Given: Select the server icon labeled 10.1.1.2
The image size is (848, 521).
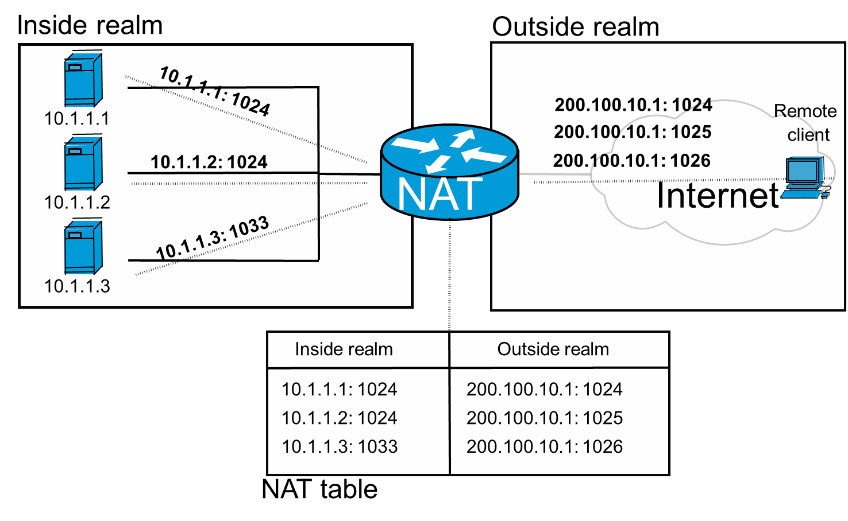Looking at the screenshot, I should (x=83, y=163).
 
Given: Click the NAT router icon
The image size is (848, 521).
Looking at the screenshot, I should (x=449, y=172).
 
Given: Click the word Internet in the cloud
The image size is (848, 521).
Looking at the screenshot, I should (x=718, y=196).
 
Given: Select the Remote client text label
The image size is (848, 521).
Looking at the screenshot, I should (x=805, y=123).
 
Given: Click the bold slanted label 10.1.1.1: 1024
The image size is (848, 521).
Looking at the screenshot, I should (x=214, y=92).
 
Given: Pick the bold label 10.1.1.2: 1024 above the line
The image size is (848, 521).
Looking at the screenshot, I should (x=209, y=162).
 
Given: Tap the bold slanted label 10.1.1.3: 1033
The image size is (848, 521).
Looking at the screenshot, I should (x=213, y=239).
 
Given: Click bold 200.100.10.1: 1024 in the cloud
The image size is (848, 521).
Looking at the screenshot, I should (x=633, y=105).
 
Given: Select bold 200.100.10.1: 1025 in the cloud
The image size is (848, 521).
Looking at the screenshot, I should (x=633, y=132).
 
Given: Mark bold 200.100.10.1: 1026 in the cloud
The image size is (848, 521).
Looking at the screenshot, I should (x=632, y=161).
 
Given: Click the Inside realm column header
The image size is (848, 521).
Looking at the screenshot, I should (x=344, y=349).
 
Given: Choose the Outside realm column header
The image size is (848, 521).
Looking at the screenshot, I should (x=553, y=349).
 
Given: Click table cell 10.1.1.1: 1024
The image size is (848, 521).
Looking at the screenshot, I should (x=339, y=390).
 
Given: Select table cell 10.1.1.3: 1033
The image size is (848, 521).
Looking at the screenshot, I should (x=340, y=447).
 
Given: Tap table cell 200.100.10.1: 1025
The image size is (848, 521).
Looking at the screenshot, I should (x=545, y=418).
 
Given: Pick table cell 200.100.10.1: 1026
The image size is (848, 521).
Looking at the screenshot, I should (x=545, y=447).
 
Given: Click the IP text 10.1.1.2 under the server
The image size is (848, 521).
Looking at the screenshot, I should (x=77, y=203).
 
